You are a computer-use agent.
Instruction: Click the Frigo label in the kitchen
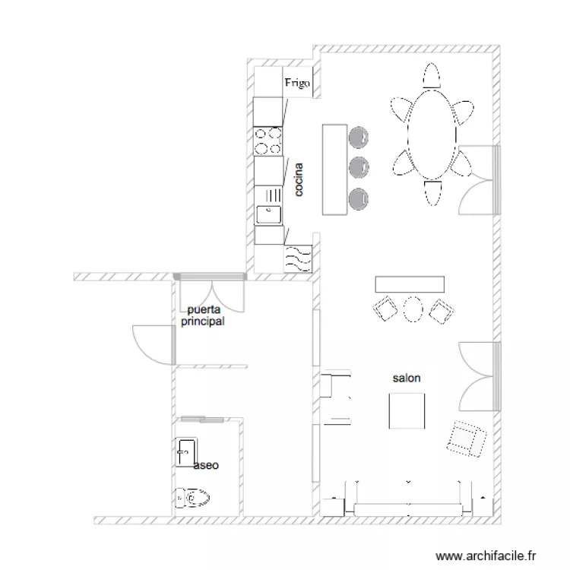click(297, 84)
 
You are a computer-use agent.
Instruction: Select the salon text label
click(407, 378)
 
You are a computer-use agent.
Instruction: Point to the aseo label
click(206, 465)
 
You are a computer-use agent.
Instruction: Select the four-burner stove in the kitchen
click(268, 140)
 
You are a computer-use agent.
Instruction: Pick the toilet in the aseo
click(192, 498)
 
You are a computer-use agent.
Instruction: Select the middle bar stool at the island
click(358, 166)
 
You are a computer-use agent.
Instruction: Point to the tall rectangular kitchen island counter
click(333, 169)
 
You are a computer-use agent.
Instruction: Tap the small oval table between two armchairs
click(413, 309)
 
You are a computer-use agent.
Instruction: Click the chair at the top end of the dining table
click(432, 78)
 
